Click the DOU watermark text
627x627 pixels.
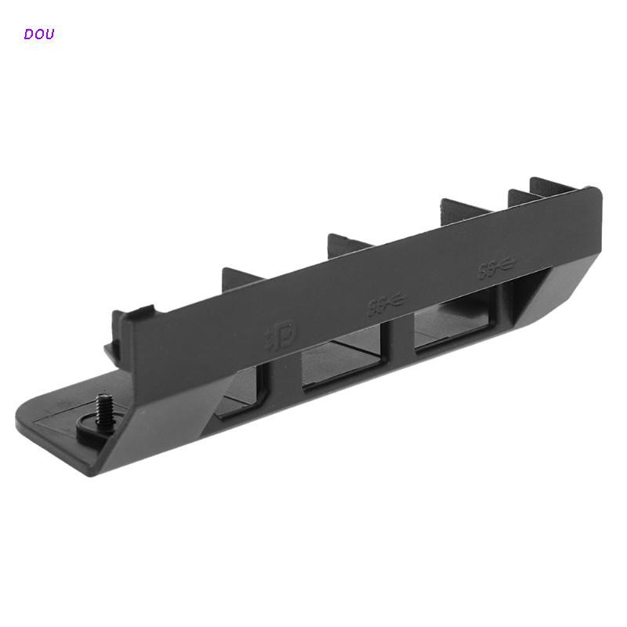(39, 34)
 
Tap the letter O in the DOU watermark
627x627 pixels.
(39, 34)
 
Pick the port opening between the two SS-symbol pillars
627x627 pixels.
(455, 324)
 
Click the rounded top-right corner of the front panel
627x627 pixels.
(594, 191)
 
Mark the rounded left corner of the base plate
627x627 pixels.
(28, 412)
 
